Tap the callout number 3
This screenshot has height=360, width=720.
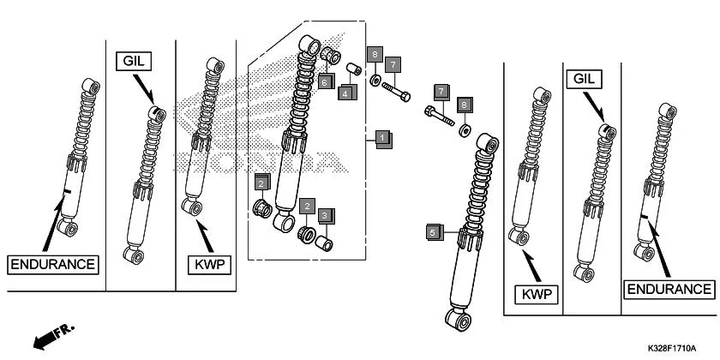[327, 217]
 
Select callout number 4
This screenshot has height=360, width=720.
[345, 92]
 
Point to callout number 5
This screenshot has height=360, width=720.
[434, 232]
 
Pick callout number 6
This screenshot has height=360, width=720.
[325, 81]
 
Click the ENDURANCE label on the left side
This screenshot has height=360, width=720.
[52, 264]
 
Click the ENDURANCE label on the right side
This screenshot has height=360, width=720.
[669, 290]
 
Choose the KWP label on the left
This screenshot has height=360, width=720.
[208, 264]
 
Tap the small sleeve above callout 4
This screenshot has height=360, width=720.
[351, 69]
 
